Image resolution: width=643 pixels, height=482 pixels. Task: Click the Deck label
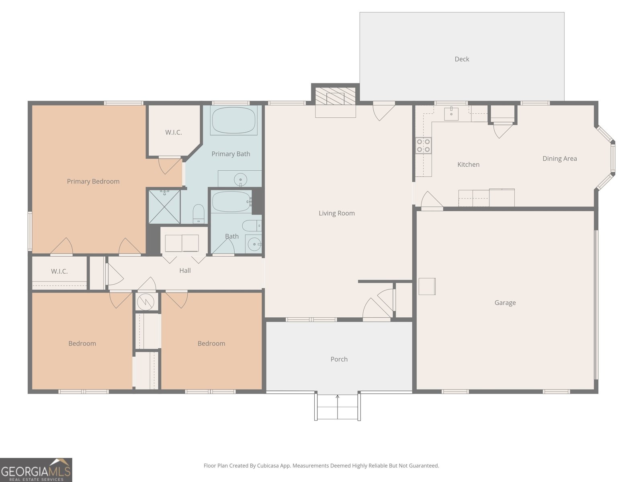[x=462, y=59]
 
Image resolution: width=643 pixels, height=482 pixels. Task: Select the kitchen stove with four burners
[x=423, y=145]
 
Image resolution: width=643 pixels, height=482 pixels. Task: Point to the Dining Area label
[x=559, y=159]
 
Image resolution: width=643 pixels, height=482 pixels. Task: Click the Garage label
[x=505, y=303]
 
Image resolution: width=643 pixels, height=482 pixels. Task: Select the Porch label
[x=339, y=359]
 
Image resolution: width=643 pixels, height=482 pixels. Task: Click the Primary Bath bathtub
[x=233, y=120]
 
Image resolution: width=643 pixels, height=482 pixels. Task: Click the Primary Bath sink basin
[x=240, y=179]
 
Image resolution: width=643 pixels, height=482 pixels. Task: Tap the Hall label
[x=185, y=271]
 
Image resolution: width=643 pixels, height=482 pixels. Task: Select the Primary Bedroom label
[x=93, y=182]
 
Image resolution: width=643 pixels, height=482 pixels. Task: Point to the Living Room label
[x=336, y=213]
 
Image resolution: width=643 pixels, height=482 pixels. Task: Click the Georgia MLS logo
[x=36, y=470]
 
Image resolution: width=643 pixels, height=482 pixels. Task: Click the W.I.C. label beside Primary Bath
[x=174, y=133]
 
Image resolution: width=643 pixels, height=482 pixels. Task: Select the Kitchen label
[x=468, y=165]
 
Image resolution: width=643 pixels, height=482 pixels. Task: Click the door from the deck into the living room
[x=383, y=110]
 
